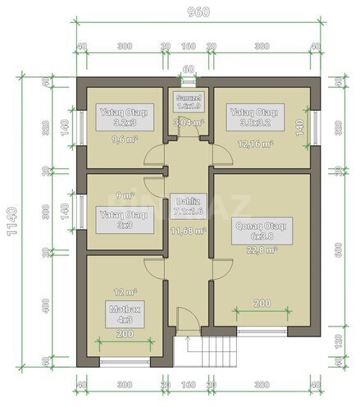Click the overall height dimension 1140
pos(11,222)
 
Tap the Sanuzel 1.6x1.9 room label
pos(189,102)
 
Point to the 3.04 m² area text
pos(188,123)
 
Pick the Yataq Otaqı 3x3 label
pos(123,218)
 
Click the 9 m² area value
pos(123,196)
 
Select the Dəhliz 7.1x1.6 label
pos(188,207)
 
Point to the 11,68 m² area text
pos(188,231)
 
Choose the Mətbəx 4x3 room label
pos(123,313)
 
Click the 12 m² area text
pos(123,290)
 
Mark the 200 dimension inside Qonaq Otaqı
pos(261,304)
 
